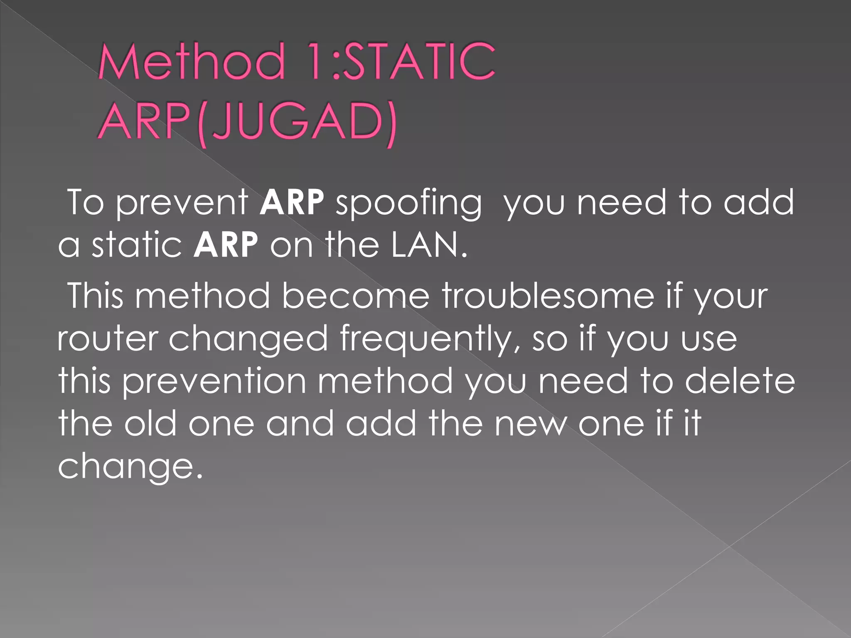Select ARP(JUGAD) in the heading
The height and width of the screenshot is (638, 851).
[248, 123]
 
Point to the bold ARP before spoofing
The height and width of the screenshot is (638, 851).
[292, 202]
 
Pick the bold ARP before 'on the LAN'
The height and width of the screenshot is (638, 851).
[226, 245]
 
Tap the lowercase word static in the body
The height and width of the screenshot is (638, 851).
[137, 245]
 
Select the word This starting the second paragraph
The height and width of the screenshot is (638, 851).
[96, 296]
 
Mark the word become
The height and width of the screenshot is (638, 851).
[356, 296]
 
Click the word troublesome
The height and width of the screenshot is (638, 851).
[548, 296]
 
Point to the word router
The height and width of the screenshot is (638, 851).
[108, 339]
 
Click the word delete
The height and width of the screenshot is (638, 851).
[740, 381]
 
